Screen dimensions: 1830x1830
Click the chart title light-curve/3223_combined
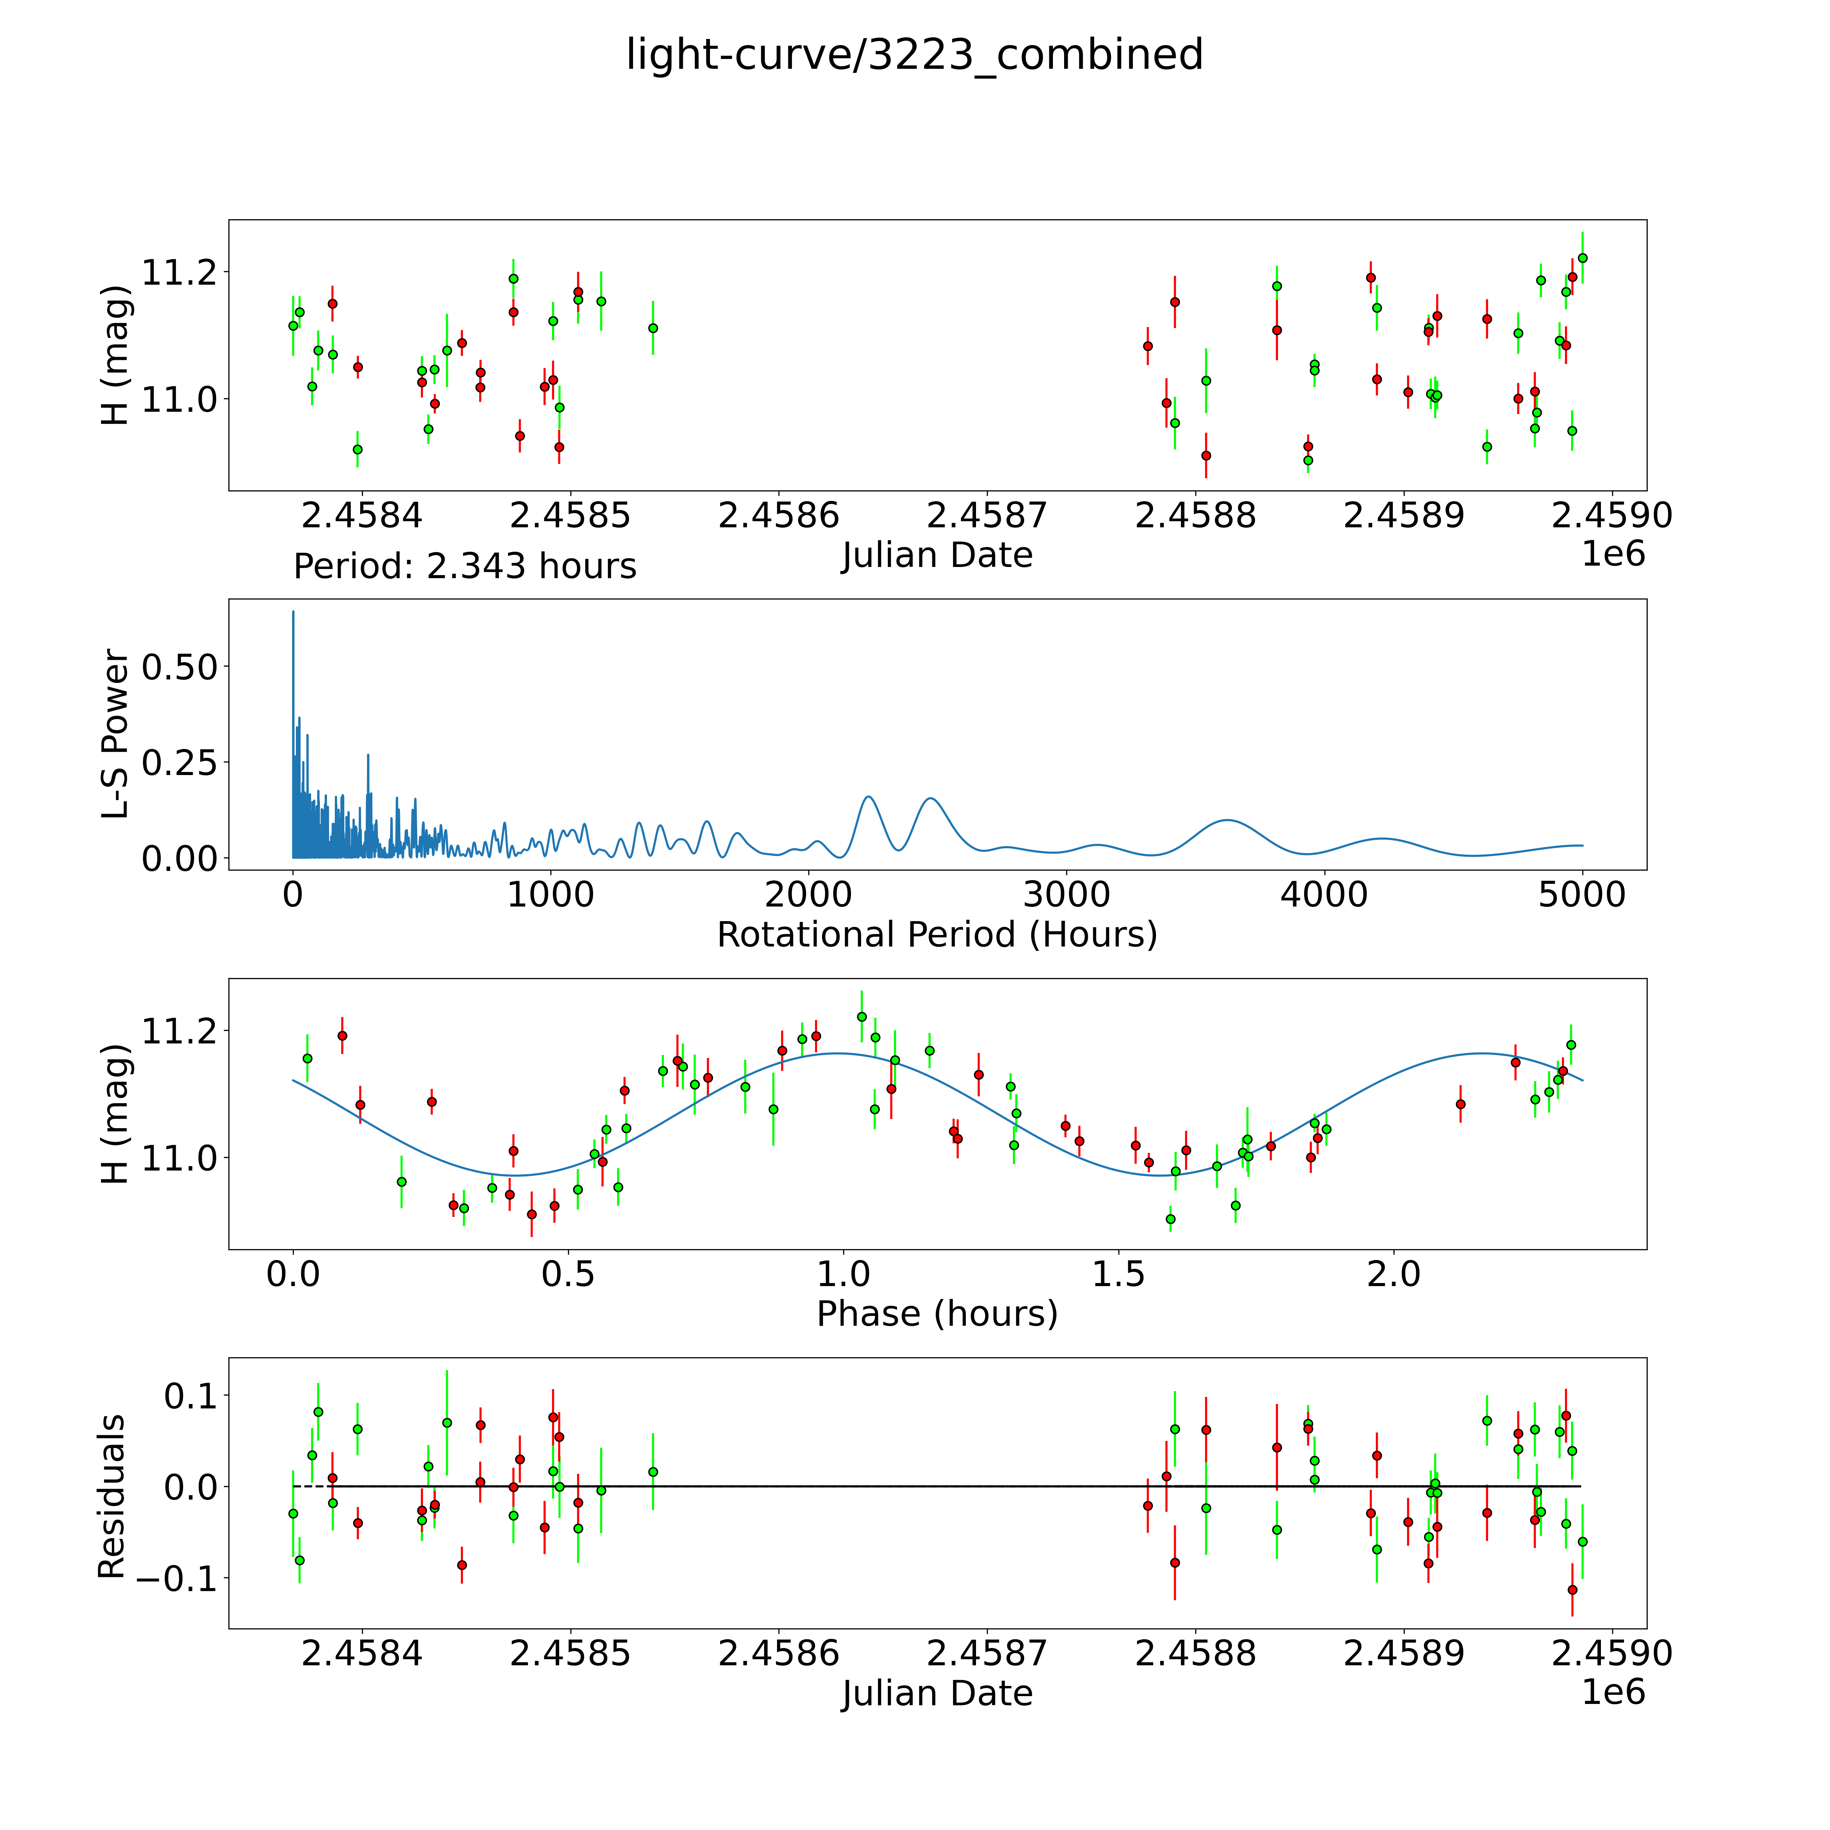click(x=914, y=55)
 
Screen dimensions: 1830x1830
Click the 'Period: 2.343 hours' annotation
click(x=464, y=566)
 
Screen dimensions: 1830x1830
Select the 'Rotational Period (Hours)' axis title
click(x=937, y=935)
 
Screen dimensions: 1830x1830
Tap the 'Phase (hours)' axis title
click(x=937, y=1314)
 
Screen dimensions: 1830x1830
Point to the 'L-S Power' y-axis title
click(x=115, y=734)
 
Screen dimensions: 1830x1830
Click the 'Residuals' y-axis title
click(x=112, y=1497)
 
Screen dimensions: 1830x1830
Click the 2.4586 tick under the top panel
click(x=779, y=516)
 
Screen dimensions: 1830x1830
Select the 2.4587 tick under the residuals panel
click(x=987, y=1653)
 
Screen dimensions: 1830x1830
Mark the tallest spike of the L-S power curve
click(x=293, y=612)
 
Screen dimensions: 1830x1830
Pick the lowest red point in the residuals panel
click(x=1572, y=1589)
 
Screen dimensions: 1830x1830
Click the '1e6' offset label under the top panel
click(x=1613, y=554)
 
